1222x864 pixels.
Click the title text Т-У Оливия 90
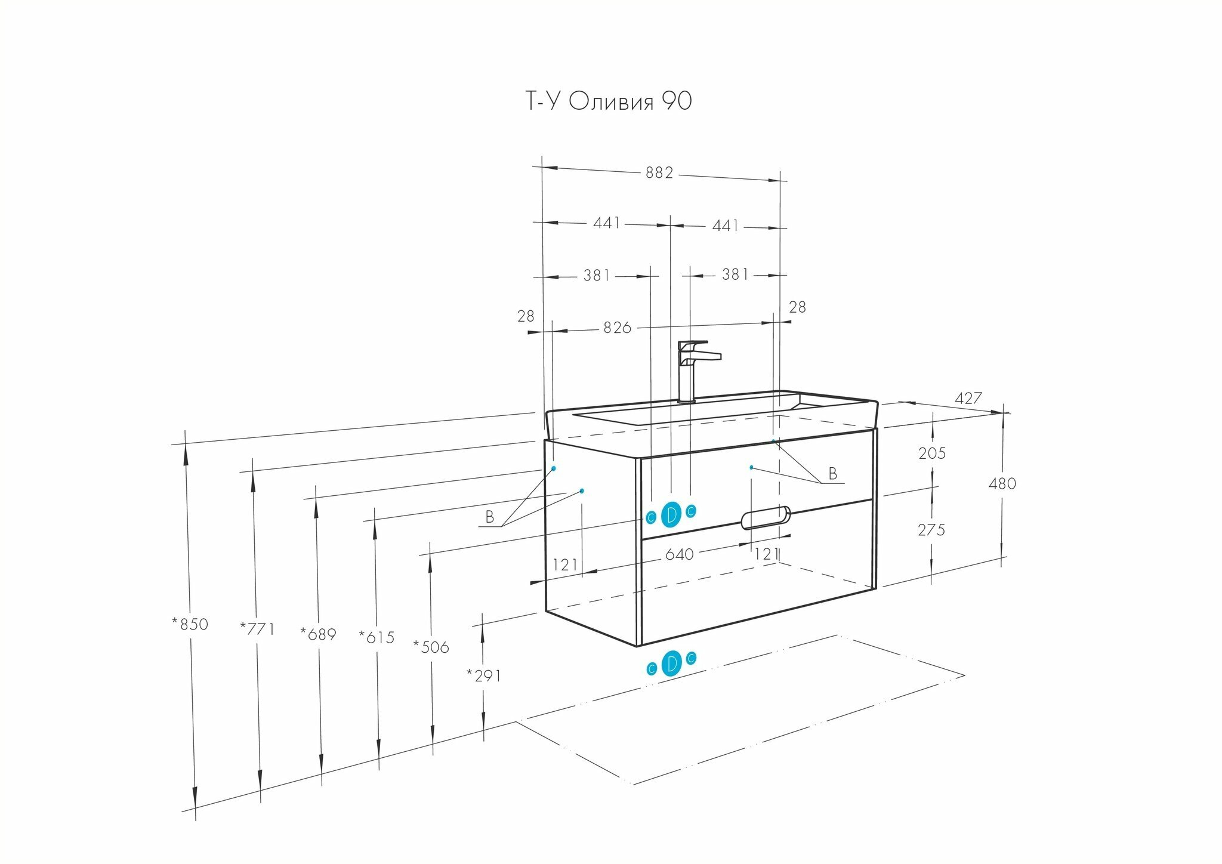point(608,101)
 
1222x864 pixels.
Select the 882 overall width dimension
point(659,172)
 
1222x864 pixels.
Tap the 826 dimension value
point(617,328)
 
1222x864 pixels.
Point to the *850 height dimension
point(190,624)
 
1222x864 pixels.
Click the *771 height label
point(257,628)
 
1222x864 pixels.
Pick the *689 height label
point(319,634)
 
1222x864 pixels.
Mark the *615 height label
point(377,637)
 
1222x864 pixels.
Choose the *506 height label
point(431,647)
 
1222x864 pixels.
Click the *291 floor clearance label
point(484,675)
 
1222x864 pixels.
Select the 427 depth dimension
point(968,398)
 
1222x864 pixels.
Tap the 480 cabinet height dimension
point(1002,483)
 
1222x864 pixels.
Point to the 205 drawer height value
point(932,453)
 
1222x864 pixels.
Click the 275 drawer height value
point(931,530)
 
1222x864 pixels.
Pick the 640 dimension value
point(679,554)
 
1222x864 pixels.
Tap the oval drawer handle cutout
point(766,517)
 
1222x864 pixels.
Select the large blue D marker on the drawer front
point(671,514)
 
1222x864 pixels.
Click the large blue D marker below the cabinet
point(671,663)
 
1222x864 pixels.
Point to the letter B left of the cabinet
point(490,517)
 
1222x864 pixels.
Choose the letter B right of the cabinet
point(832,474)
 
